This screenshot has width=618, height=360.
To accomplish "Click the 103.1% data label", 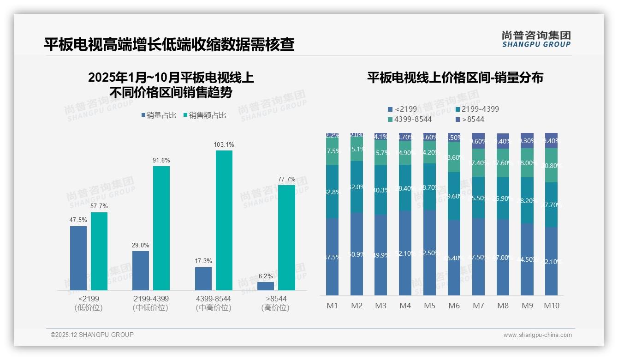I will pos(224,145).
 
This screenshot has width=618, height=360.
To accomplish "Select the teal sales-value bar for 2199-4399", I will pos(161,228).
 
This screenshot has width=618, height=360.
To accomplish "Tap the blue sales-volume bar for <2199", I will pos(78,258).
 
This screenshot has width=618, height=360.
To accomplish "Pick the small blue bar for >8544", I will pos(269,286).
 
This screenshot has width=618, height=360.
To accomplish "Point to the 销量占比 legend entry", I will pos(159,115).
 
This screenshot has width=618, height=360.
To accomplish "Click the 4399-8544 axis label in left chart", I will pos(213,299).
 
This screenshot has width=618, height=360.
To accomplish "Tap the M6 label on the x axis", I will pos(454,306).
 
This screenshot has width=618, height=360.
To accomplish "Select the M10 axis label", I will pos(552,306).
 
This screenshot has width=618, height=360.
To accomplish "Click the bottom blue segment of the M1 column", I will pos(332,257).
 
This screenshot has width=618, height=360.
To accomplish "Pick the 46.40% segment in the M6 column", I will pos(454,258).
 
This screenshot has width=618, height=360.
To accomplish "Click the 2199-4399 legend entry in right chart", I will pos(477,109).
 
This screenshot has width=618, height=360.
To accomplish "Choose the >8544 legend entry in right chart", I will pos(470,120).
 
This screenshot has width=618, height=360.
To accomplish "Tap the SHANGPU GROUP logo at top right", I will pos(536,39).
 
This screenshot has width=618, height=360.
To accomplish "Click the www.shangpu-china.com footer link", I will pos(537,335).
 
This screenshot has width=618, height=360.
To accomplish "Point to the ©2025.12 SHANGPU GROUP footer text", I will pos(92,335).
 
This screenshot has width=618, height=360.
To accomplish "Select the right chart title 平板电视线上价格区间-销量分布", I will pos(455,78).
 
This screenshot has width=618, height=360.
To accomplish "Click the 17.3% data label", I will pos(203,261).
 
